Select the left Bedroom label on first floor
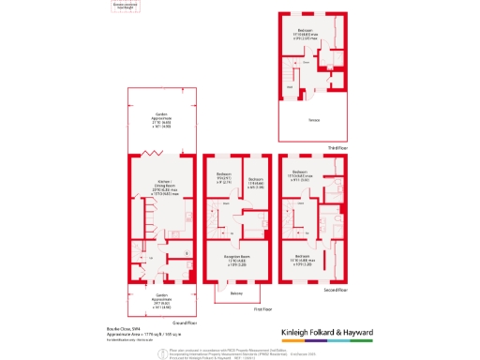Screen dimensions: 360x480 coord(223,177)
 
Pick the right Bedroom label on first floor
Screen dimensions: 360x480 coord(253,181)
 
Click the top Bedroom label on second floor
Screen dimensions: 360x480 coord(300,175)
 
